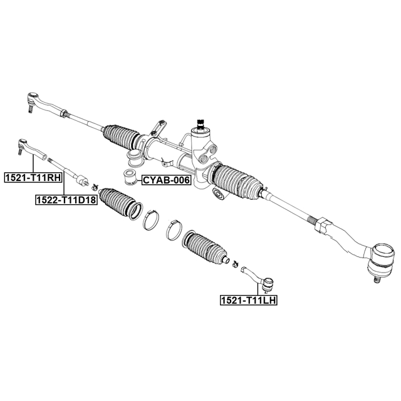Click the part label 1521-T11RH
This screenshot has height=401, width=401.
click(x=33, y=177)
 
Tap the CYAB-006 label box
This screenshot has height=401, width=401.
click(x=167, y=180)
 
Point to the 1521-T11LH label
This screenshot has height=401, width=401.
click(x=249, y=300)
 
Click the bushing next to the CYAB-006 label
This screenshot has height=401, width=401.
click(x=129, y=177)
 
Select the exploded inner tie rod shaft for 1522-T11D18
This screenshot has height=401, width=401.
click(x=68, y=171)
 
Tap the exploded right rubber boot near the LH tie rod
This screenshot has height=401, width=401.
click(x=206, y=248)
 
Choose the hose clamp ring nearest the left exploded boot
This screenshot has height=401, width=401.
click(x=151, y=219)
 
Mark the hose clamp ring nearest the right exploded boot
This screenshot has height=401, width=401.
click(x=174, y=230)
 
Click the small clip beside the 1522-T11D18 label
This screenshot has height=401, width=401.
click(x=95, y=187)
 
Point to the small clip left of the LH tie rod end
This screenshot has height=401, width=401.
click(x=236, y=264)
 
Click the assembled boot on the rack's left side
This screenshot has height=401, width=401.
click(x=122, y=137)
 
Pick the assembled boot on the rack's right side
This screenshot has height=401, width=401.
click(x=237, y=182)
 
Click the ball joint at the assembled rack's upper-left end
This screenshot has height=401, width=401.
click(x=33, y=100)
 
